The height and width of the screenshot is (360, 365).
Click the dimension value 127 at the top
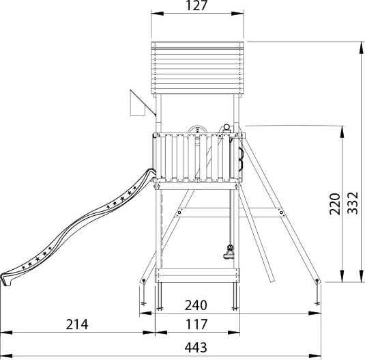[196, 5]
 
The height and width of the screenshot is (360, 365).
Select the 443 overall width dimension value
[196, 348]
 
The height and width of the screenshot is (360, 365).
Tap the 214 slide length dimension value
[77, 324]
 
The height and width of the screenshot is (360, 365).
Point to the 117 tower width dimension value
[196, 324]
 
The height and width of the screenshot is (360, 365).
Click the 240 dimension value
[196, 305]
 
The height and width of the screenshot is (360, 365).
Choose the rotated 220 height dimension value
[335, 204]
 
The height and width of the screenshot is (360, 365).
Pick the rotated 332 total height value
[353, 203]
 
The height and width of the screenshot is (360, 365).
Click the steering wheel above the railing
[197, 129]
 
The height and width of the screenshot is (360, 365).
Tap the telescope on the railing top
[227, 128]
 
